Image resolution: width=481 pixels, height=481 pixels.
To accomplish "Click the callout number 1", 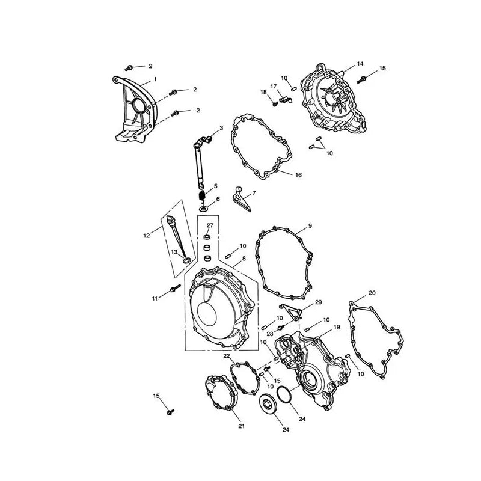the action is [x=155, y=79].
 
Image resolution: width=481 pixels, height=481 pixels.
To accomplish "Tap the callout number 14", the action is [x=360, y=64].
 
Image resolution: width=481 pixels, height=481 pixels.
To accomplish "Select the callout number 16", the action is [x=298, y=175].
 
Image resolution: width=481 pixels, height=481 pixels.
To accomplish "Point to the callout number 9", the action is [x=310, y=226].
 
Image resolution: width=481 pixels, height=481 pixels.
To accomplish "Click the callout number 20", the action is [x=372, y=293].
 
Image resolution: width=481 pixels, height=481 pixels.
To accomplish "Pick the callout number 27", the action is [x=210, y=225].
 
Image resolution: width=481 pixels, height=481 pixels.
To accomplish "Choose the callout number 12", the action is [x=147, y=236].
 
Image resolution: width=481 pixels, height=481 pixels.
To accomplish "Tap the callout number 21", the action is [x=242, y=426].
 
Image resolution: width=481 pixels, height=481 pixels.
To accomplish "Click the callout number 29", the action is [x=319, y=302].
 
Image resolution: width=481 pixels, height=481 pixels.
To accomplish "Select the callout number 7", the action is [x=254, y=193].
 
